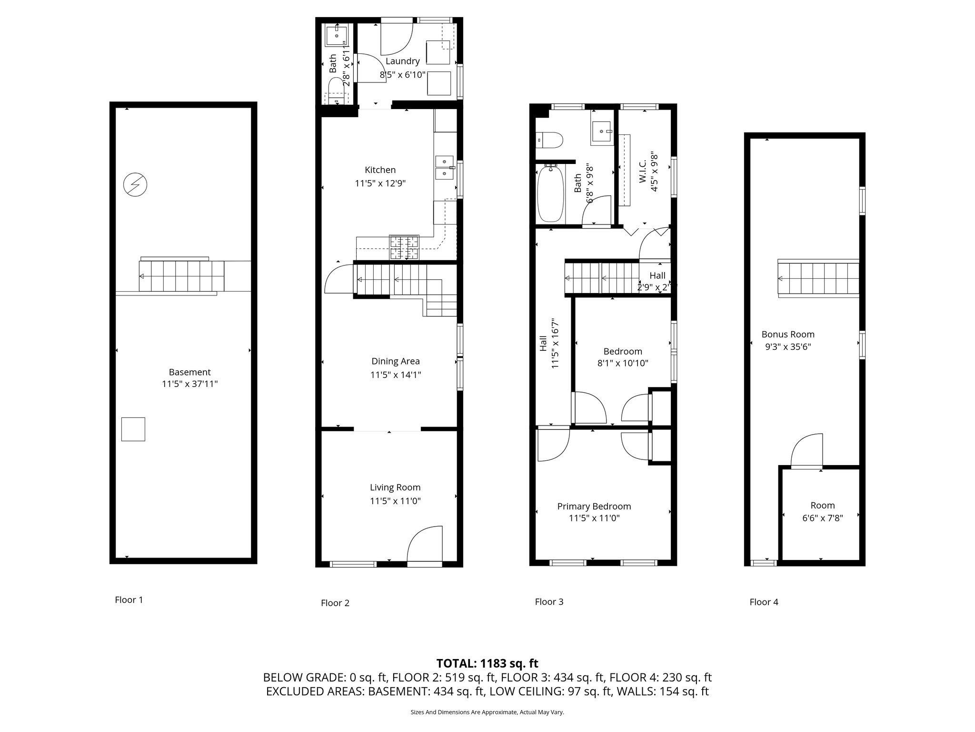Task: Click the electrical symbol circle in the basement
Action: click(135, 184)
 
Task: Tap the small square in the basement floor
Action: click(133, 429)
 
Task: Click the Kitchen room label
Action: click(380, 170)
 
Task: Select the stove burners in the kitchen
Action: click(404, 247)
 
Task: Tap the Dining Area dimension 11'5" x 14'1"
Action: click(395, 375)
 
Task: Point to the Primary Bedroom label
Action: click(594, 507)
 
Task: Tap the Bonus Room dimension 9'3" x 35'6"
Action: click(788, 347)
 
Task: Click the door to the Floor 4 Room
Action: click(806, 450)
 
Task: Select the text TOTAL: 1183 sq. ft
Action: click(487, 663)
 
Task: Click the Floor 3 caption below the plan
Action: click(549, 602)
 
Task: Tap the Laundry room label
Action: click(402, 61)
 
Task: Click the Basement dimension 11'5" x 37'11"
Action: click(189, 384)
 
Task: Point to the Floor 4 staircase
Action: click(818, 279)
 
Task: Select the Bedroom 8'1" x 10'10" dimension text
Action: click(623, 363)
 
